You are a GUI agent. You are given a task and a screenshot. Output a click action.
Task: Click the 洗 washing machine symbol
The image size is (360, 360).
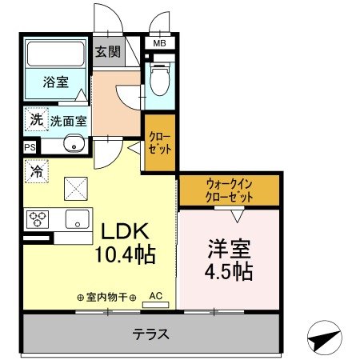click(x=35, y=119)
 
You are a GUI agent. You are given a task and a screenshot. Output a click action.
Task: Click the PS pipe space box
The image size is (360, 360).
click(x=30, y=147)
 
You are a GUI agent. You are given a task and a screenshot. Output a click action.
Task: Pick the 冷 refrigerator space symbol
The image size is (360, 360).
click(x=36, y=170)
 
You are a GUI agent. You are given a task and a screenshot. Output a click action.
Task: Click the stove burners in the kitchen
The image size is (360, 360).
click(x=38, y=218)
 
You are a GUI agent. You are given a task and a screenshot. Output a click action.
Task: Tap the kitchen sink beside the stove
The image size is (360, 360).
click(x=77, y=218)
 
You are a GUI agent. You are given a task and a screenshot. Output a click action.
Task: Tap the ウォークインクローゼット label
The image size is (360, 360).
click(x=229, y=190)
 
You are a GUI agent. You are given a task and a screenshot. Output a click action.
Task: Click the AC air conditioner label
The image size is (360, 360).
click(x=155, y=295)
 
